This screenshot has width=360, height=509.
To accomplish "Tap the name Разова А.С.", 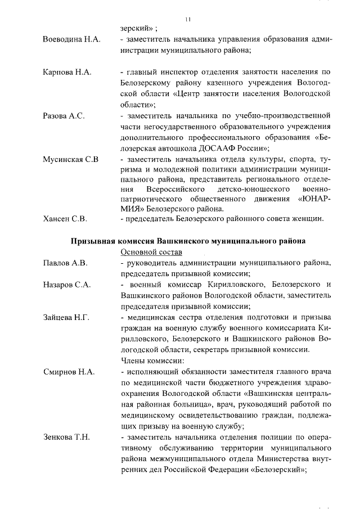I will tap(64, 116).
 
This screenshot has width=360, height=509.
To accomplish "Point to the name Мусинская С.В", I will tap(71, 160).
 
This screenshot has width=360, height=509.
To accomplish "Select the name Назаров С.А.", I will tap(67, 285).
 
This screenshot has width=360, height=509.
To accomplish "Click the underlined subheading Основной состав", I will tap(151, 253).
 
